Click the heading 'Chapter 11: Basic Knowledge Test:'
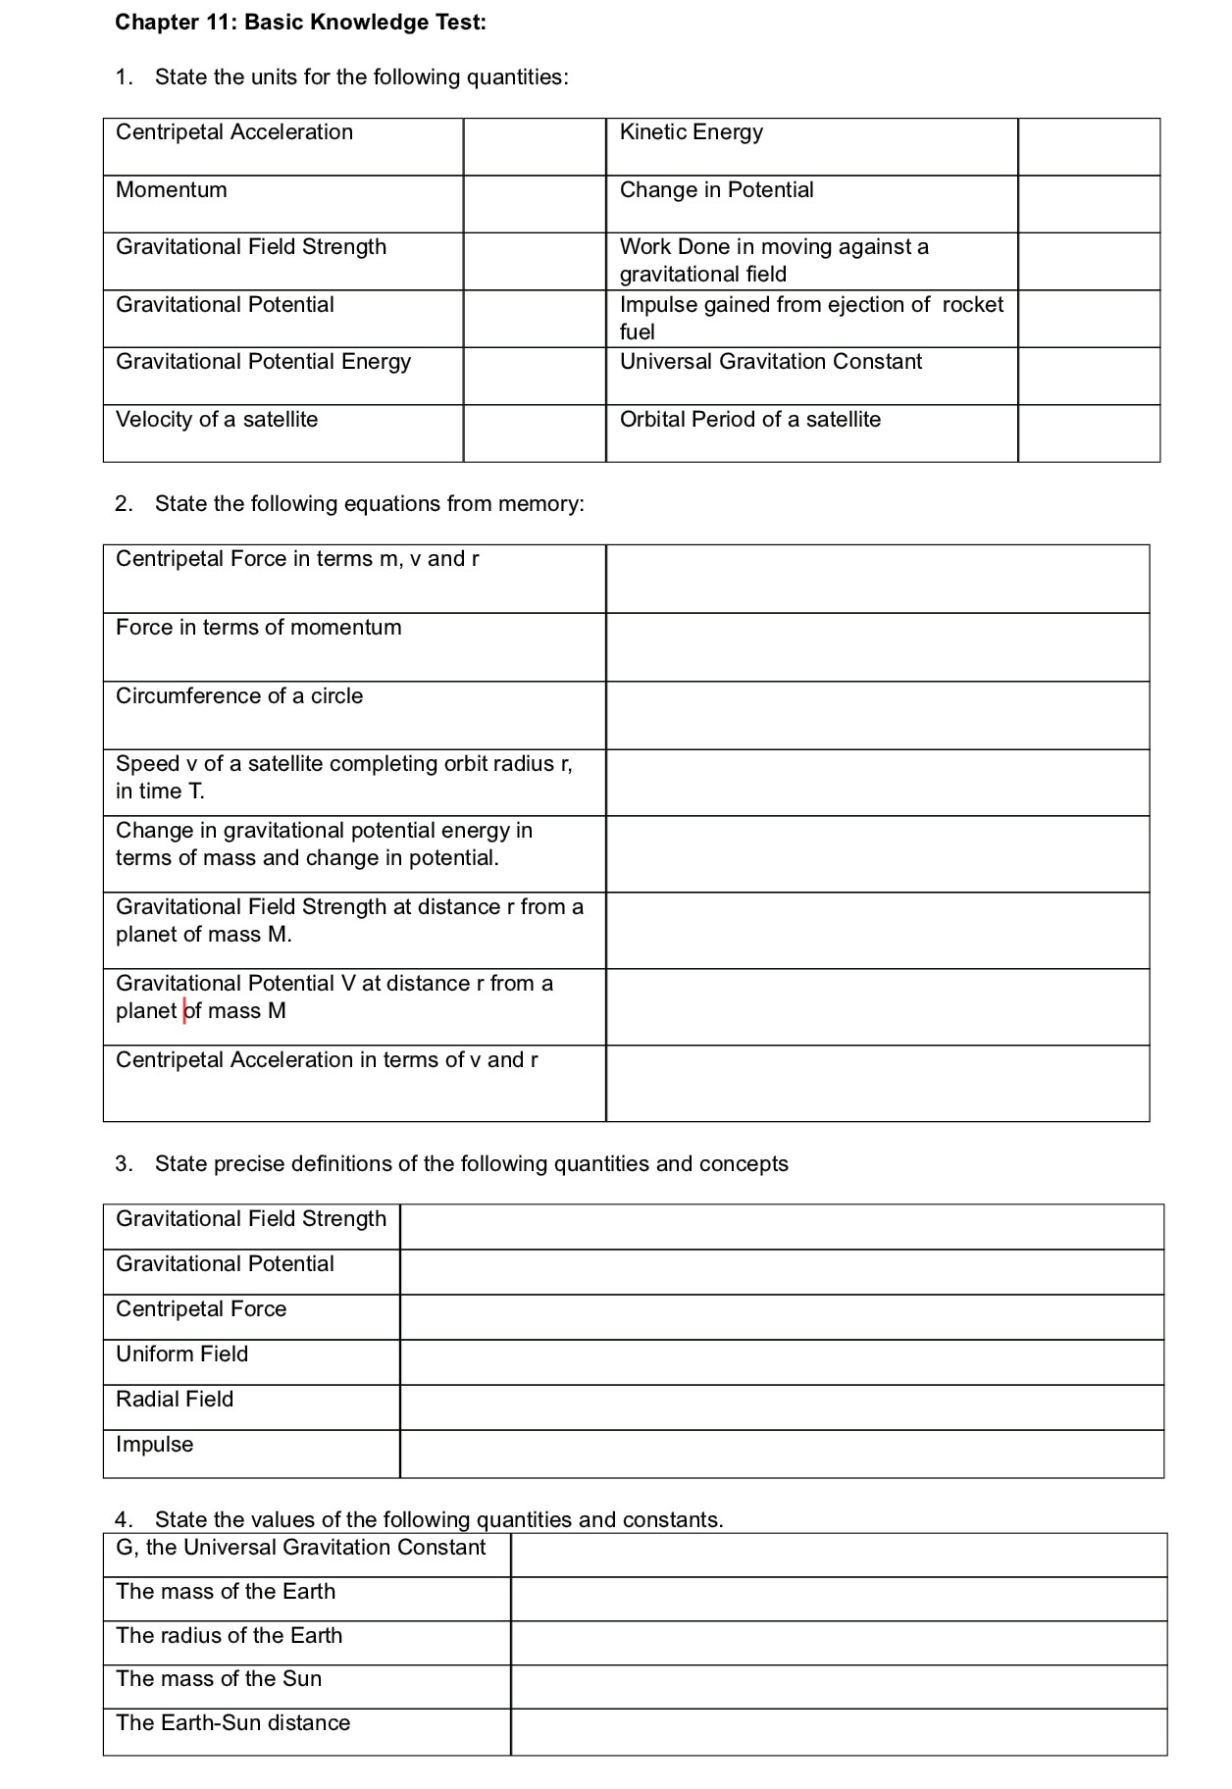(300, 23)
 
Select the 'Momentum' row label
(171, 190)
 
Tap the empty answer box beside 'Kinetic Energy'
(1089, 147)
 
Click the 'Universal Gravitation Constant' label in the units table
(770, 362)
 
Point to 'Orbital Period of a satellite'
(749, 420)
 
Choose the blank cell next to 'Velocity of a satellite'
(535, 434)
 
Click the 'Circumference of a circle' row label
(239, 696)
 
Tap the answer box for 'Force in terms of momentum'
(877, 647)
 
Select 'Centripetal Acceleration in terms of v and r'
(327, 1060)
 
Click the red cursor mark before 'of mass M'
(184, 1011)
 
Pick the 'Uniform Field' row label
(181, 1355)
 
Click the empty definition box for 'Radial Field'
(782, 1407)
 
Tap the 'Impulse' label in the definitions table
(154, 1445)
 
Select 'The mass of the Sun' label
(219, 1679)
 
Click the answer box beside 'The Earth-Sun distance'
(839, 1732)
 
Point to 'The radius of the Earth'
(229, 1636)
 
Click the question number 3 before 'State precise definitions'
(123, 1164)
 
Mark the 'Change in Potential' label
(716, 190)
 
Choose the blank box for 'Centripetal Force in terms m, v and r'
(877, 579)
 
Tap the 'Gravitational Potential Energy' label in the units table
(263, 362)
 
